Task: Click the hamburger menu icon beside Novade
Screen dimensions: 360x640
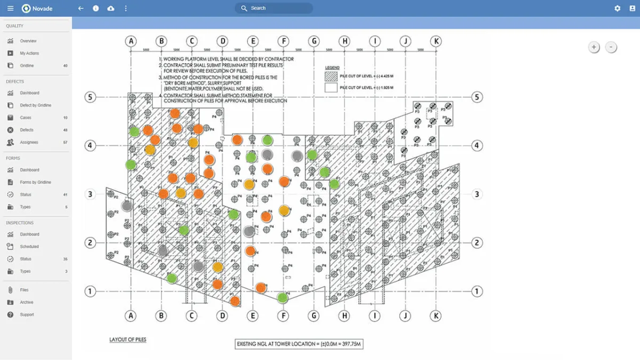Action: coord(10,9)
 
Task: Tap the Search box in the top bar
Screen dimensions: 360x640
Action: coord(274,9)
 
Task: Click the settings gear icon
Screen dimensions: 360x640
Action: coord(617,9)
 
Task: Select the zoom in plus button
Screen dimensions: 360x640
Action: coord(594,47)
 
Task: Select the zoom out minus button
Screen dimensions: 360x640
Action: coord(611,47)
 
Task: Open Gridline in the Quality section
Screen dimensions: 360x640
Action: coord(27,66)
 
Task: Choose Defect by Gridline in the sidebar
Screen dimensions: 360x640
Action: coord(35,105)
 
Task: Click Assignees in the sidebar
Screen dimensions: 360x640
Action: coord(29,142)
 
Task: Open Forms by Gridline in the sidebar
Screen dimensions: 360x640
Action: coord(35,182)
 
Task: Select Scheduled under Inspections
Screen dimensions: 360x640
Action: coord(29,246)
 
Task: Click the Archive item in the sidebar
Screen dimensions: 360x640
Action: coord(27,302)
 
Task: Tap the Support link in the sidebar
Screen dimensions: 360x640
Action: coord(27,315)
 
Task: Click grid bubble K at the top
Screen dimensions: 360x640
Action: coord(436,41)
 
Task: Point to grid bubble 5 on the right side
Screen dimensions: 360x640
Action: coord(477,97)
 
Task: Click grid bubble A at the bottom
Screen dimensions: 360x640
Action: coord(131,316)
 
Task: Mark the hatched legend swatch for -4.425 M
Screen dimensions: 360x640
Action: coord(331,76)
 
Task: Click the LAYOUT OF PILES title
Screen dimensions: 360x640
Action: coord(127,340)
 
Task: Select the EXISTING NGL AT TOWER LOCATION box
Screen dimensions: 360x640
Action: coord(299,344)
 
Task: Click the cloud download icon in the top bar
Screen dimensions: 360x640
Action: coord(110,9)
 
